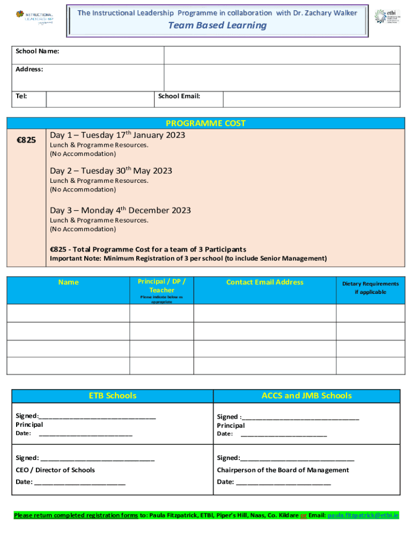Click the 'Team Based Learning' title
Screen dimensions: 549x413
(217, 26)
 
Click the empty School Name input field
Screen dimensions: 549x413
(282, 55)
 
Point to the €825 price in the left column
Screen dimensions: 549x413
(26, 140)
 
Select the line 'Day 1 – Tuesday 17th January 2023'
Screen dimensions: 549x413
(117, 135)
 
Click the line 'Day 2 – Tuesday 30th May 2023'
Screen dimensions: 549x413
(111, 171)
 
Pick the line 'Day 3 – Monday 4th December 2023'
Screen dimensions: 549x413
(120, 210)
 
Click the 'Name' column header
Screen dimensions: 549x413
(68, 282)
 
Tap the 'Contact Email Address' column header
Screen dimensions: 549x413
(264, 282)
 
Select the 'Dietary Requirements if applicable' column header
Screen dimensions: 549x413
(370, 288)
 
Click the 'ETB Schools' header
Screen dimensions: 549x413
(113, 396)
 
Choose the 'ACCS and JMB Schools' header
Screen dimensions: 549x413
(306, 396)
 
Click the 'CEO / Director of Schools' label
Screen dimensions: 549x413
(55, 470)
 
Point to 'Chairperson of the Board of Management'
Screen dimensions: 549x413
(283, 470)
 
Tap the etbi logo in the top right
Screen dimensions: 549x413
(387, 16)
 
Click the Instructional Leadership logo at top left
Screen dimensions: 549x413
(34, 17)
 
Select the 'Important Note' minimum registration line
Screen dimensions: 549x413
(188, 258)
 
